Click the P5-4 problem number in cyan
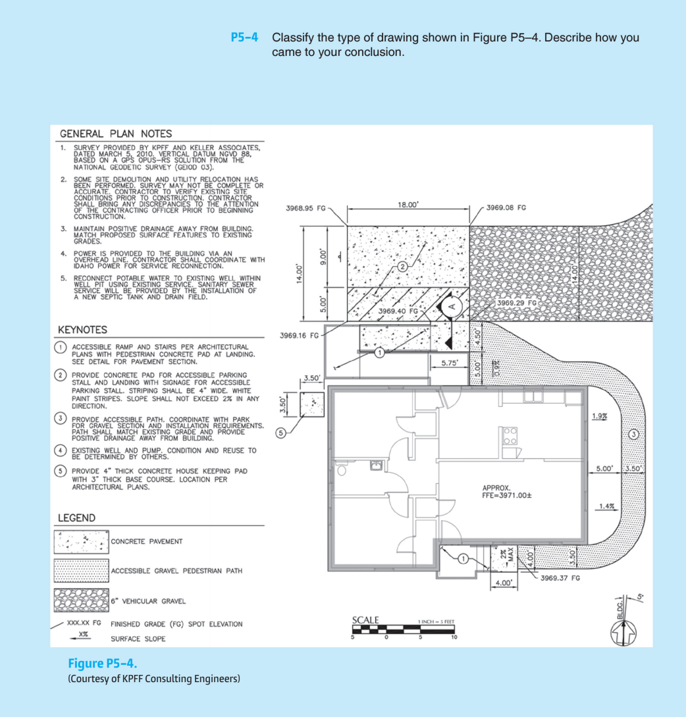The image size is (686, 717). click(x=244, y=38)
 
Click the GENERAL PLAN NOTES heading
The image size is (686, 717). click(x=116, y=134)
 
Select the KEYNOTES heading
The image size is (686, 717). click(x=82, y=329)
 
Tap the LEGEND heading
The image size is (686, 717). click(x=76, y=518)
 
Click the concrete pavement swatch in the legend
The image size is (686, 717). click(x=81, y=542)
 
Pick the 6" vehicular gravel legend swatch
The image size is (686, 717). click(x=81, y=600)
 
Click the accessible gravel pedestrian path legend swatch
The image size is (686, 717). click(x=81, y=571)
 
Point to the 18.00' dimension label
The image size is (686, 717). click(x=408, y=205)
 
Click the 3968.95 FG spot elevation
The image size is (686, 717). click(x=307, y=208)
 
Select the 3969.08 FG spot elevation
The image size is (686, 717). click(x=506, y=208)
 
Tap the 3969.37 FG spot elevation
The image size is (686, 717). click(x=560, y=578)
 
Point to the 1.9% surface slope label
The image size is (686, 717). click(x=600, y=416)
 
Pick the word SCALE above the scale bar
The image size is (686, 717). click(x=365, y=620)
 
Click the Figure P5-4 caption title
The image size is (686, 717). click(x=103, y=662)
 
